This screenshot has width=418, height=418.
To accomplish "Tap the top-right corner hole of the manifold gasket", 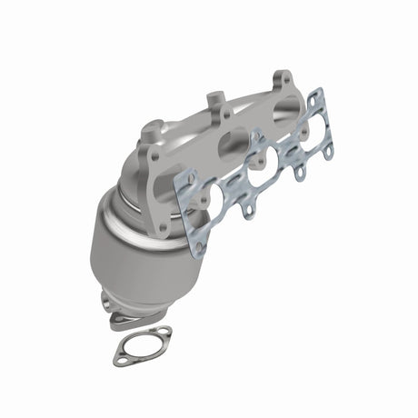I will tap(317, 93).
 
